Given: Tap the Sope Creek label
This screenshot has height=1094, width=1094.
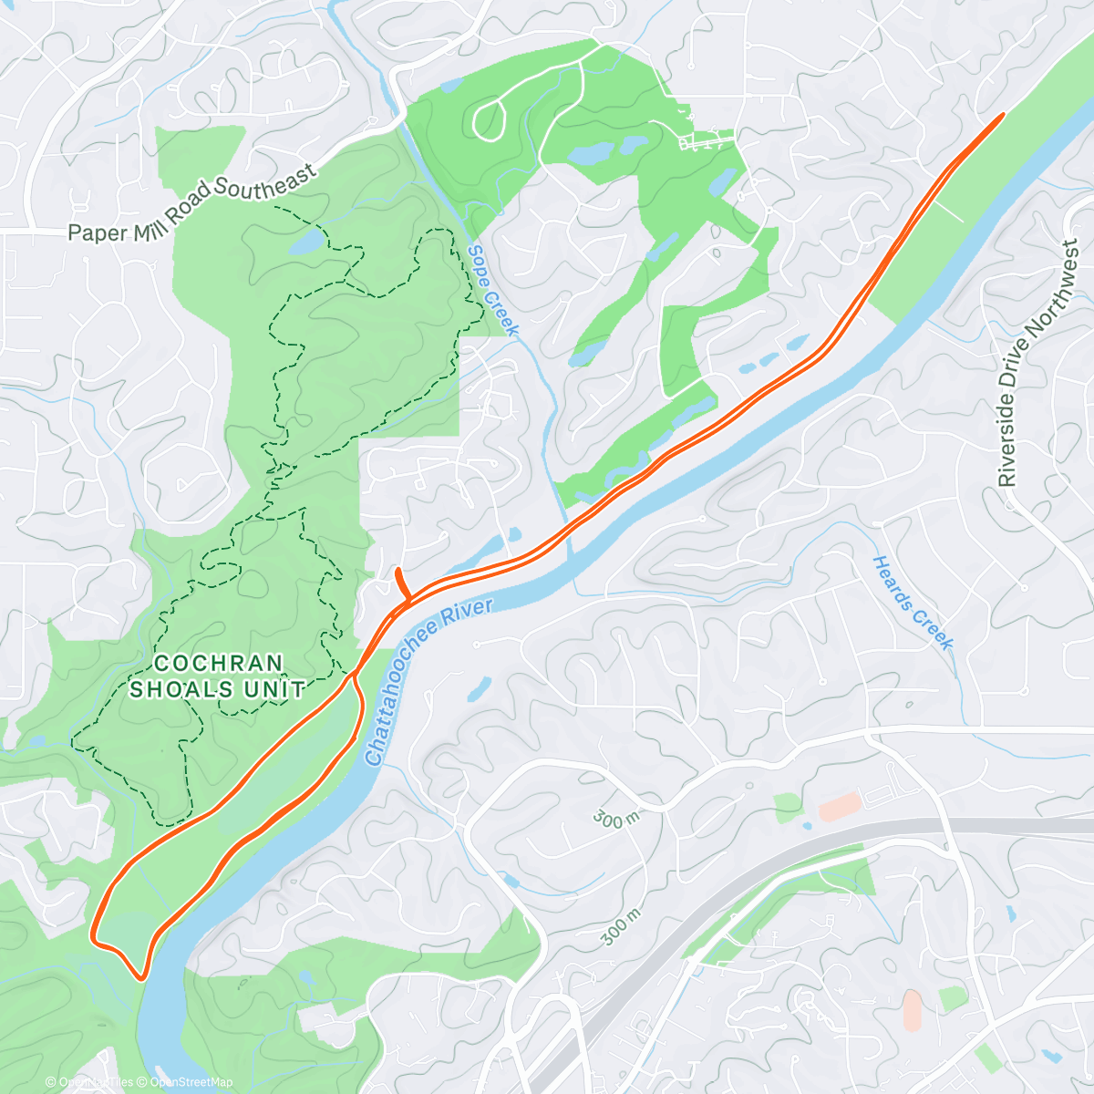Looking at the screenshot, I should pyautogui.click(x=492, y=290).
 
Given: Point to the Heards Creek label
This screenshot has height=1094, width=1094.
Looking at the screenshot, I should pyautogui.click(x=913, y=603).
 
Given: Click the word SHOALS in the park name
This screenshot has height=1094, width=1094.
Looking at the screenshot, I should pyautogui.click(x=181, y=689).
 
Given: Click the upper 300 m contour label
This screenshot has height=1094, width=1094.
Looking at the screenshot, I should pyautogui.click(x=616, y=818).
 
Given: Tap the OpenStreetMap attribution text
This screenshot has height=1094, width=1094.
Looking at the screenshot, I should pyautogui.click(x=191, y=1082).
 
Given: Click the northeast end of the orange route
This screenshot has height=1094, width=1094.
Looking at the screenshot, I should pyautogui.click(x=1002, y=115).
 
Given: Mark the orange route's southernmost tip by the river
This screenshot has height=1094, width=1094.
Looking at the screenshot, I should pyautogui.click(x=141, y=978).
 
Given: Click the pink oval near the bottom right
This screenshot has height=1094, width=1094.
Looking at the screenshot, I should pyautogui.click(x=912, y=1010).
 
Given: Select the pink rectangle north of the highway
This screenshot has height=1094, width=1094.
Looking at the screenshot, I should pyautogui.click(x=840, y=806).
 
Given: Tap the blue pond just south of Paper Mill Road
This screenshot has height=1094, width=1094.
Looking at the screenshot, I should pyautogui.click(x=306, y=242).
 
